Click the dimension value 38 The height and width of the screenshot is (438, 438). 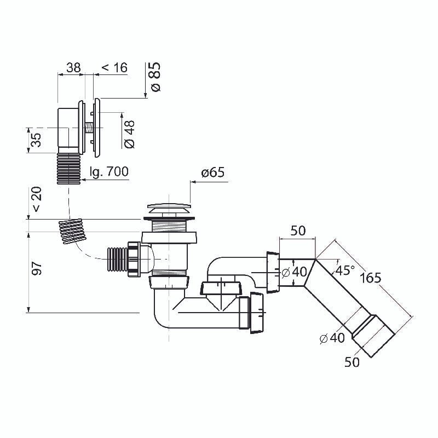click(x=73, y=67)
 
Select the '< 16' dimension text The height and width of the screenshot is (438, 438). click(x=114, y=67)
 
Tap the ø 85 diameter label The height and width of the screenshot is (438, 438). click(x=155, y=76)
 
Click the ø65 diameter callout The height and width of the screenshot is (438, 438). click(x=213, y=173)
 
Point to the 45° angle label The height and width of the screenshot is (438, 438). click(x=345, y=270)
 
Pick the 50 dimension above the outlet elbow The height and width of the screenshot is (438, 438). click(x=297, y=230)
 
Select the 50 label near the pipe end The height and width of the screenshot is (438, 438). click(x=352, y=362)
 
